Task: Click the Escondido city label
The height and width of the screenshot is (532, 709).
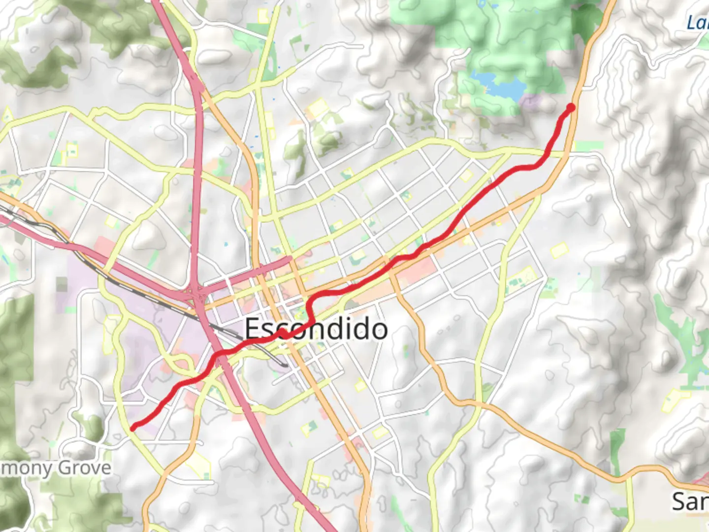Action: [x=316, y=329]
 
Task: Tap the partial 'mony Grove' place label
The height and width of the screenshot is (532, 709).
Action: [x=55, y=467]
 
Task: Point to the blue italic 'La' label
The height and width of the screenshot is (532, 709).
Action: [x=697, y=22]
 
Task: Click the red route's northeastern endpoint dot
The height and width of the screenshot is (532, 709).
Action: [x=571, y=107]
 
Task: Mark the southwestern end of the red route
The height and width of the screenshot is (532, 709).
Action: [x=133, y=428]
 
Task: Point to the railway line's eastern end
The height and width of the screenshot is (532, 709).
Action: [x=286, y=365]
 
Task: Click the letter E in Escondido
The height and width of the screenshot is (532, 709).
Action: [x=252, y=329]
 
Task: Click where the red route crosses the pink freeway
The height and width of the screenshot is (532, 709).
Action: [x=217, y=354]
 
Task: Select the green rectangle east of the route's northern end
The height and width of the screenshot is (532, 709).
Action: [x=589, y=146]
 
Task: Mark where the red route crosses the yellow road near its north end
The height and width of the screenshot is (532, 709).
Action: [x=548, y=154]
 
